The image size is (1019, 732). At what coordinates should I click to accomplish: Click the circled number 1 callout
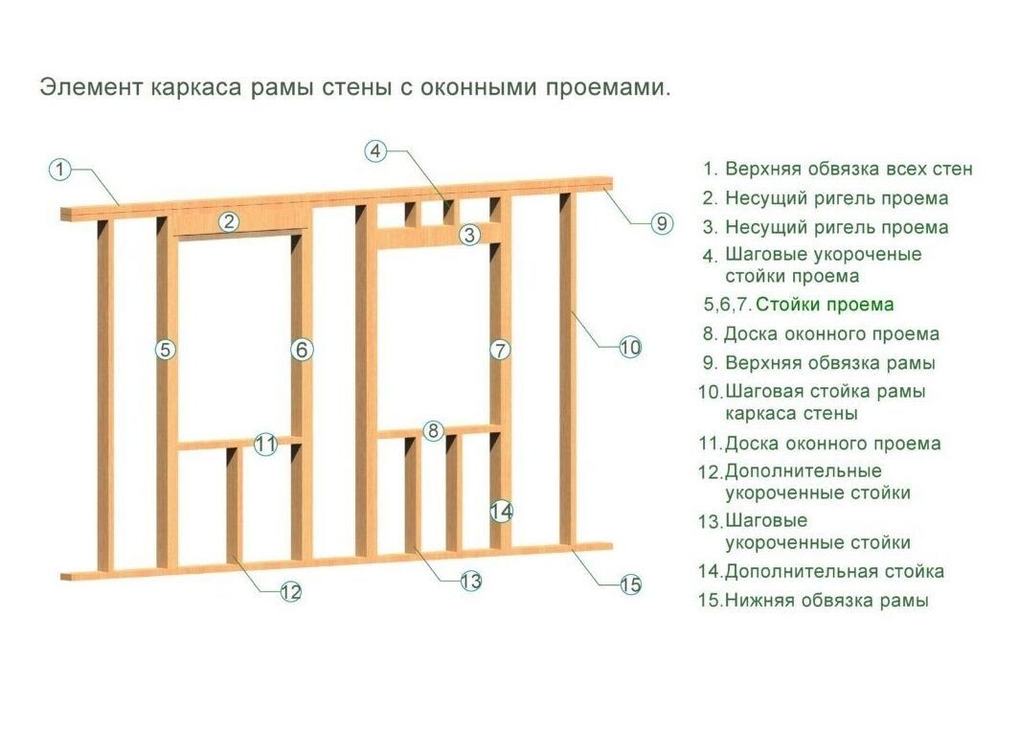coord(60,170)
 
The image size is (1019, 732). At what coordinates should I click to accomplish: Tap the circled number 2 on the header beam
coord(229,222)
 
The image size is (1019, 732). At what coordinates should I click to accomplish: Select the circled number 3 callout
coord(469,234)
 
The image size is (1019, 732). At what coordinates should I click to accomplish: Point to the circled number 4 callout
coord(376,151)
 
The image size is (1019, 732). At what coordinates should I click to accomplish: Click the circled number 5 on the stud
coord(166,350)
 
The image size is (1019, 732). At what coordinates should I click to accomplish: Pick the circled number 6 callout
coord(302,350)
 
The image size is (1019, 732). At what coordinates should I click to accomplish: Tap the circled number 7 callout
coord(500,350)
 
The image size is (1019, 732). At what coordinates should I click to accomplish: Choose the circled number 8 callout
coord(434,431)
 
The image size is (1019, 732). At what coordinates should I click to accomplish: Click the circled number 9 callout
coord(662,223)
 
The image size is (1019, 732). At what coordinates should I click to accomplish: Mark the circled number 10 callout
coord(629,348)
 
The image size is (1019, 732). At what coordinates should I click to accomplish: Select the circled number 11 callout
coord(266,445)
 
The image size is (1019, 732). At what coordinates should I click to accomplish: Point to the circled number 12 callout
coord(291,592)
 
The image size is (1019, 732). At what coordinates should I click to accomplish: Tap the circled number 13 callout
coord(470,581)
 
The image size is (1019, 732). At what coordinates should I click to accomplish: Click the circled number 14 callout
coord(501,512)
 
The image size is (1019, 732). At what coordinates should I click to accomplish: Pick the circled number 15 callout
coord(629,584)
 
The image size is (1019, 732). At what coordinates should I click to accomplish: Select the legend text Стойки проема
coord(825,305)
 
